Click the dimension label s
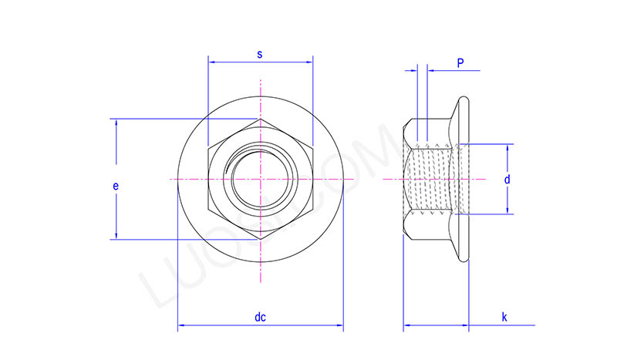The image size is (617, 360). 260,54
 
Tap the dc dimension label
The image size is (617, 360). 260,317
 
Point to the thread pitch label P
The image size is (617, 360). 460,62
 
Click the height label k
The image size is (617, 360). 504,317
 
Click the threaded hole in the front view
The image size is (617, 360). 261,179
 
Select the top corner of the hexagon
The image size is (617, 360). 261,119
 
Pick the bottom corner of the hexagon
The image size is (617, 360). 261,238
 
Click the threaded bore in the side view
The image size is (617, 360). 432,179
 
